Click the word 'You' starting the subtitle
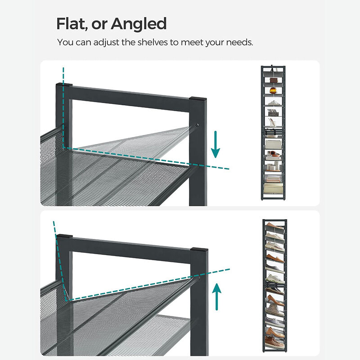pos(64,42)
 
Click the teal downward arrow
pos(216,145)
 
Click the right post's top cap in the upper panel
pos(198,98)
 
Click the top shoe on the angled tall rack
pos(274,225)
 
